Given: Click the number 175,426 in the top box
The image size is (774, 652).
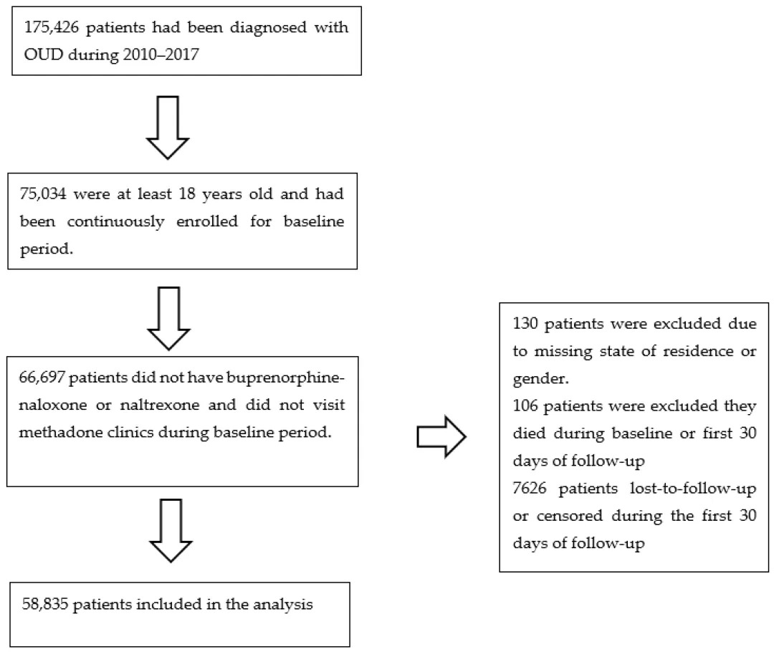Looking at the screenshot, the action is (x=52, y=27).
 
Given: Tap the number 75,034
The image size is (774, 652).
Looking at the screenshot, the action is (x=42, y=194).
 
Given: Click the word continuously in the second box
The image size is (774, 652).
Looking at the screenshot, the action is (x=115, y=221).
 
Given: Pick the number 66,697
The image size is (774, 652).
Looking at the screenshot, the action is (x=42, y=378).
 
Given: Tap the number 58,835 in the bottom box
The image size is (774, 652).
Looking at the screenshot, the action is (x=45, y=605).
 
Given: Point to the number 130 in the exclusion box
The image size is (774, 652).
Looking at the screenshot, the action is (x=526, y=324).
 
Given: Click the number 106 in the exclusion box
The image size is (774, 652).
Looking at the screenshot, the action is (x=526, y=406).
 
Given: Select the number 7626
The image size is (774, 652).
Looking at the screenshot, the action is (x=530, y=488).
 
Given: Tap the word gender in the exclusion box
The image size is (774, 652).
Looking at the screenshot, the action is (x=540, y=379).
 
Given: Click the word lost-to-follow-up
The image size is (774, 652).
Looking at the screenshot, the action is (x=693, y=489).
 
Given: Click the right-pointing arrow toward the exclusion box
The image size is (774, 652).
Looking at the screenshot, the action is (x=441, y=437).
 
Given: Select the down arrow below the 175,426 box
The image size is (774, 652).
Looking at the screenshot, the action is (x=168, y=128).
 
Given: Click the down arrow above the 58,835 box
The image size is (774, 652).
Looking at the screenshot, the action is (x=171, y=531).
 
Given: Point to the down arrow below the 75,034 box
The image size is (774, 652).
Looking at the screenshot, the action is (x=169, y=318).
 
